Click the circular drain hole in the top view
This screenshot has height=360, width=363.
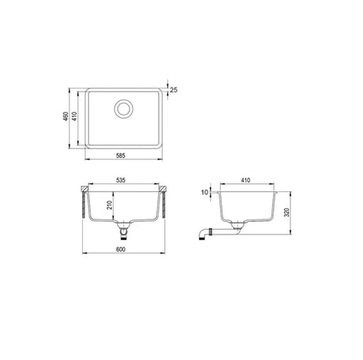tap(125, 109)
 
